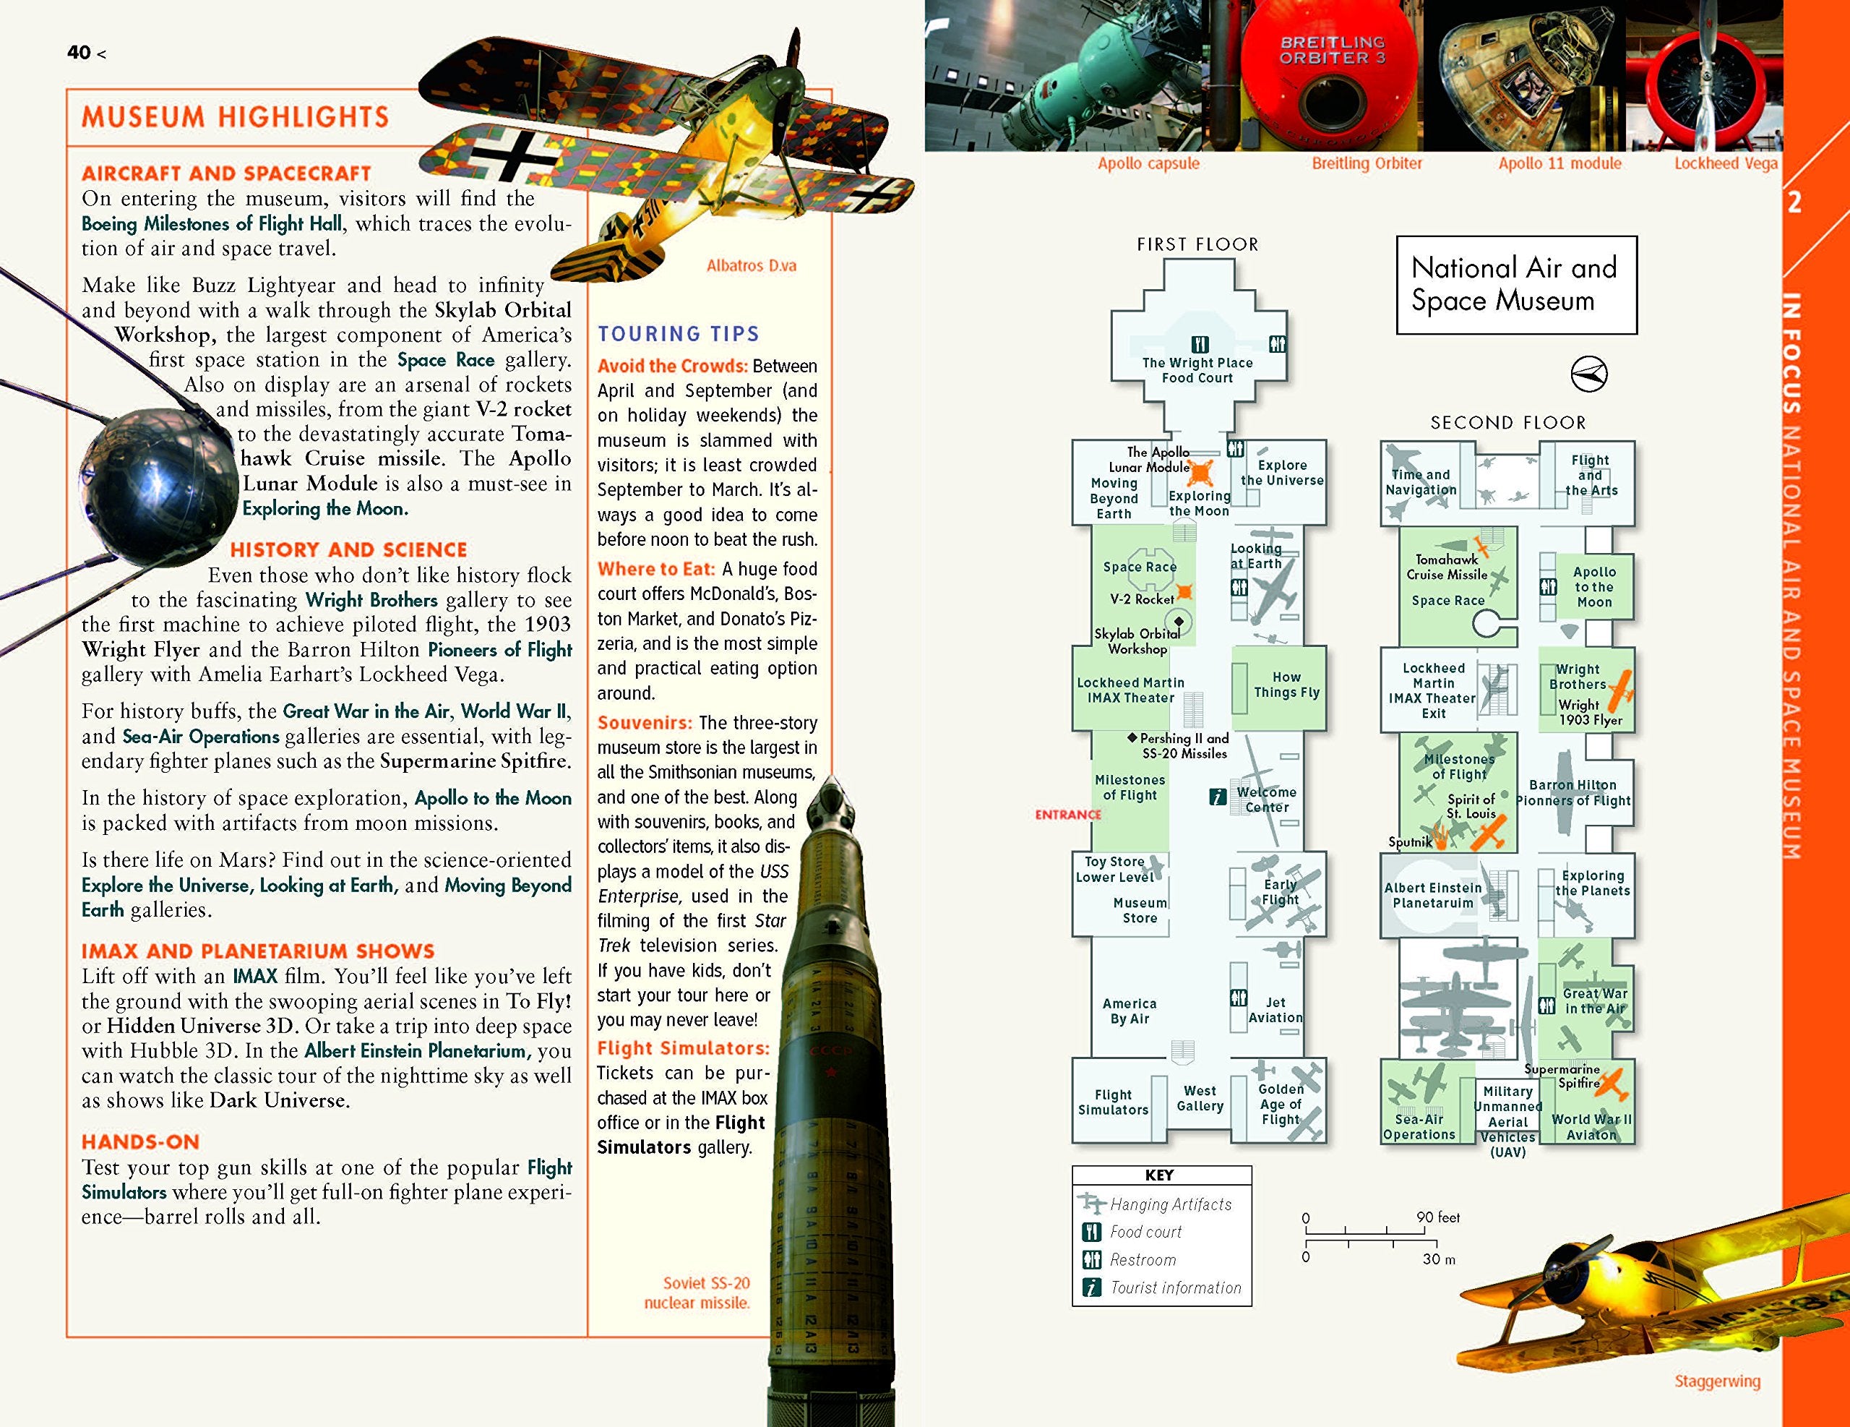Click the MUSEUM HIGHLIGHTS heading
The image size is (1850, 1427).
click(x=235, y=117)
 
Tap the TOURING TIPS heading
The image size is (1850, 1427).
click(x=679, y=334)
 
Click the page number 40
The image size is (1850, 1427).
click(x=79, y=53)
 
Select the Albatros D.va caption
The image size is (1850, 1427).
click(x=752, y=265)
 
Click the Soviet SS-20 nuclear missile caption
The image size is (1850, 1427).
click(x=697, y=1293)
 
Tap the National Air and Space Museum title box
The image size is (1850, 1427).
click(x=1516, y=285)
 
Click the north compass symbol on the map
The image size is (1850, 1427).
click(x=1589, y=374)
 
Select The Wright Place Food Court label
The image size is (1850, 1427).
click(x=1197, y=370)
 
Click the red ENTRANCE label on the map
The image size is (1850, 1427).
click(x=1068, y=814)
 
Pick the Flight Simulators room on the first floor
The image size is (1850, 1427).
click(x=1113, y=1102)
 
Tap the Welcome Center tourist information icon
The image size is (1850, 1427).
click(x=1217, y=797)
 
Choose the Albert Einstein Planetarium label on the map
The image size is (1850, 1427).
click(x=1433, y=896)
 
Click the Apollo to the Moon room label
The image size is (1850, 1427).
click(x=1594, y=587)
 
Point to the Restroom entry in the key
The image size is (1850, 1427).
click(x=1143, y=1260)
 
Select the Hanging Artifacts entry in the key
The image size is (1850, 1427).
click(x=1171, y=1204)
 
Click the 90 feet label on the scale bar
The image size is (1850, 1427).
click(x=1438, y=1217)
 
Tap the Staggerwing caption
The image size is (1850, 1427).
click(x=1717, y=1381)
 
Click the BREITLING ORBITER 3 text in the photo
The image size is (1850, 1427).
click(x=1333, y=50)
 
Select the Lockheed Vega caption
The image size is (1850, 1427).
click(x=1726, y=163)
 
